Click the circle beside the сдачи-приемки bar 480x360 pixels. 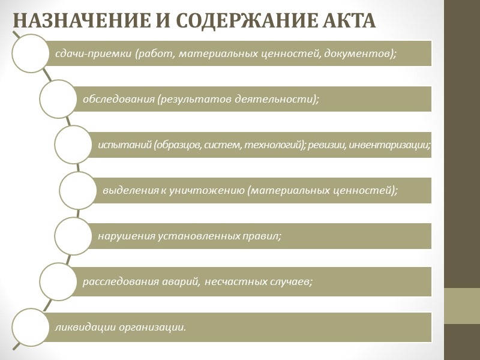coord(30,53)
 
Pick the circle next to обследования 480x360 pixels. coord(58,99)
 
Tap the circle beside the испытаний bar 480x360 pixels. coord(73,145)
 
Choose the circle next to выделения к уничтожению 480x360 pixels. coord(78,190)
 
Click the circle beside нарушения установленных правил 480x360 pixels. coord(73,236)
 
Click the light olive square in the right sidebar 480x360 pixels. coord(462,306)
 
